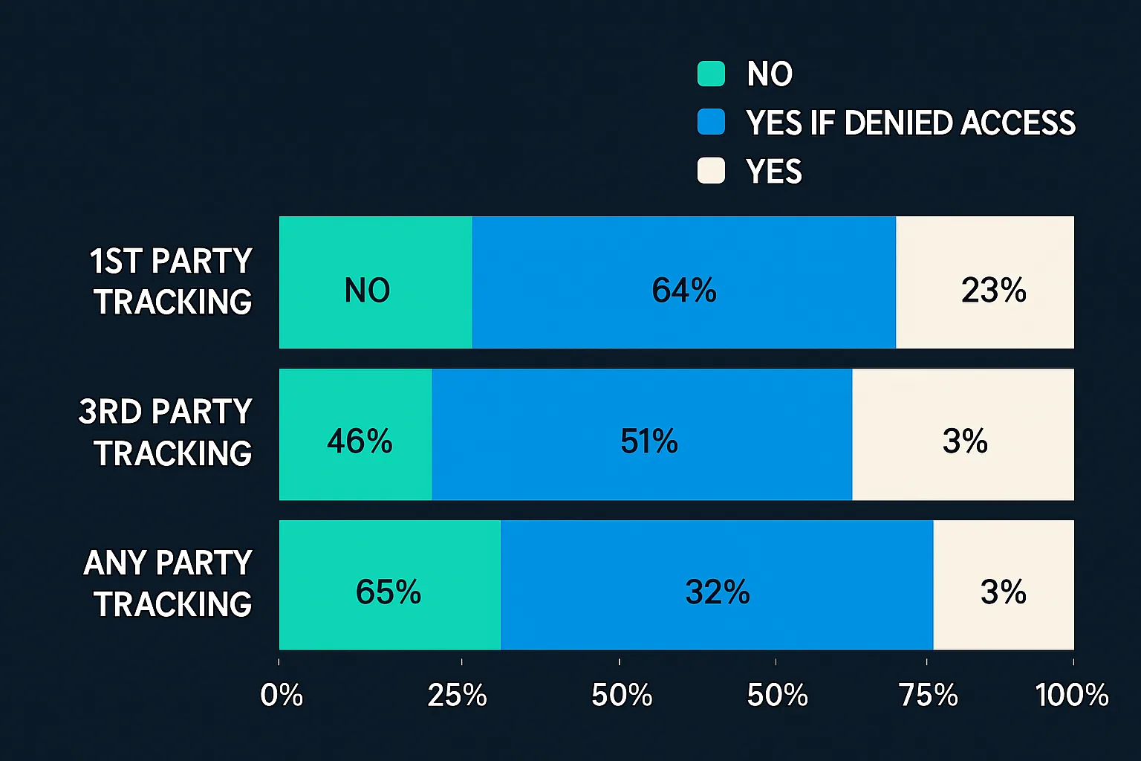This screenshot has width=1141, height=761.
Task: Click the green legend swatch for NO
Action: click(711, 74)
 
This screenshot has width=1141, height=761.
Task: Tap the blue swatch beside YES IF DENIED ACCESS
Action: click(711, 122)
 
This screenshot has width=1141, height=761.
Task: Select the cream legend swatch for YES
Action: click(711, 171)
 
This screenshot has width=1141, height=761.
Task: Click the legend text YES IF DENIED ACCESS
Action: click(911, 123)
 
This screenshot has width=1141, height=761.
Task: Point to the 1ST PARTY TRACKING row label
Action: click(172, 282)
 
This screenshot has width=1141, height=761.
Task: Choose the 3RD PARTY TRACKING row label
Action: click(166, 433)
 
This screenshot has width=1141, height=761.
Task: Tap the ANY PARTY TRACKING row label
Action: click(169, 583)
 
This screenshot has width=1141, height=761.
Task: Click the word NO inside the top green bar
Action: click(367, 291)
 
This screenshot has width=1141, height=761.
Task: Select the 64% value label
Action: click(683, 291)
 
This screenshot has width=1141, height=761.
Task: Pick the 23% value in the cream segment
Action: click(993, 291)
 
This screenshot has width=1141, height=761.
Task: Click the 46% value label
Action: click(360, 441)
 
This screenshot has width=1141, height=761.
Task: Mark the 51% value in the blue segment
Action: click(648, 441)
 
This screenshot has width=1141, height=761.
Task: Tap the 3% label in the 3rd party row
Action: click(965, 441)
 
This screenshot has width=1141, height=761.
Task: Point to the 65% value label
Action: click(388, 592)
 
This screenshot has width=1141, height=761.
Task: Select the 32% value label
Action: click(717, 592)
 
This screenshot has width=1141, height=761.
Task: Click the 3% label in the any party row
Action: click(1003, 592)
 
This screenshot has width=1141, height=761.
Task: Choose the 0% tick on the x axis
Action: click(282, 696)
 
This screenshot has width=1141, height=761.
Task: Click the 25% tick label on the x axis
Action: click(457, 696)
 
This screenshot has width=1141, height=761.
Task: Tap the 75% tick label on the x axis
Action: click(928, 696)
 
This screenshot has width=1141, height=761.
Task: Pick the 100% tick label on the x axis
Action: click(1071, 696)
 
